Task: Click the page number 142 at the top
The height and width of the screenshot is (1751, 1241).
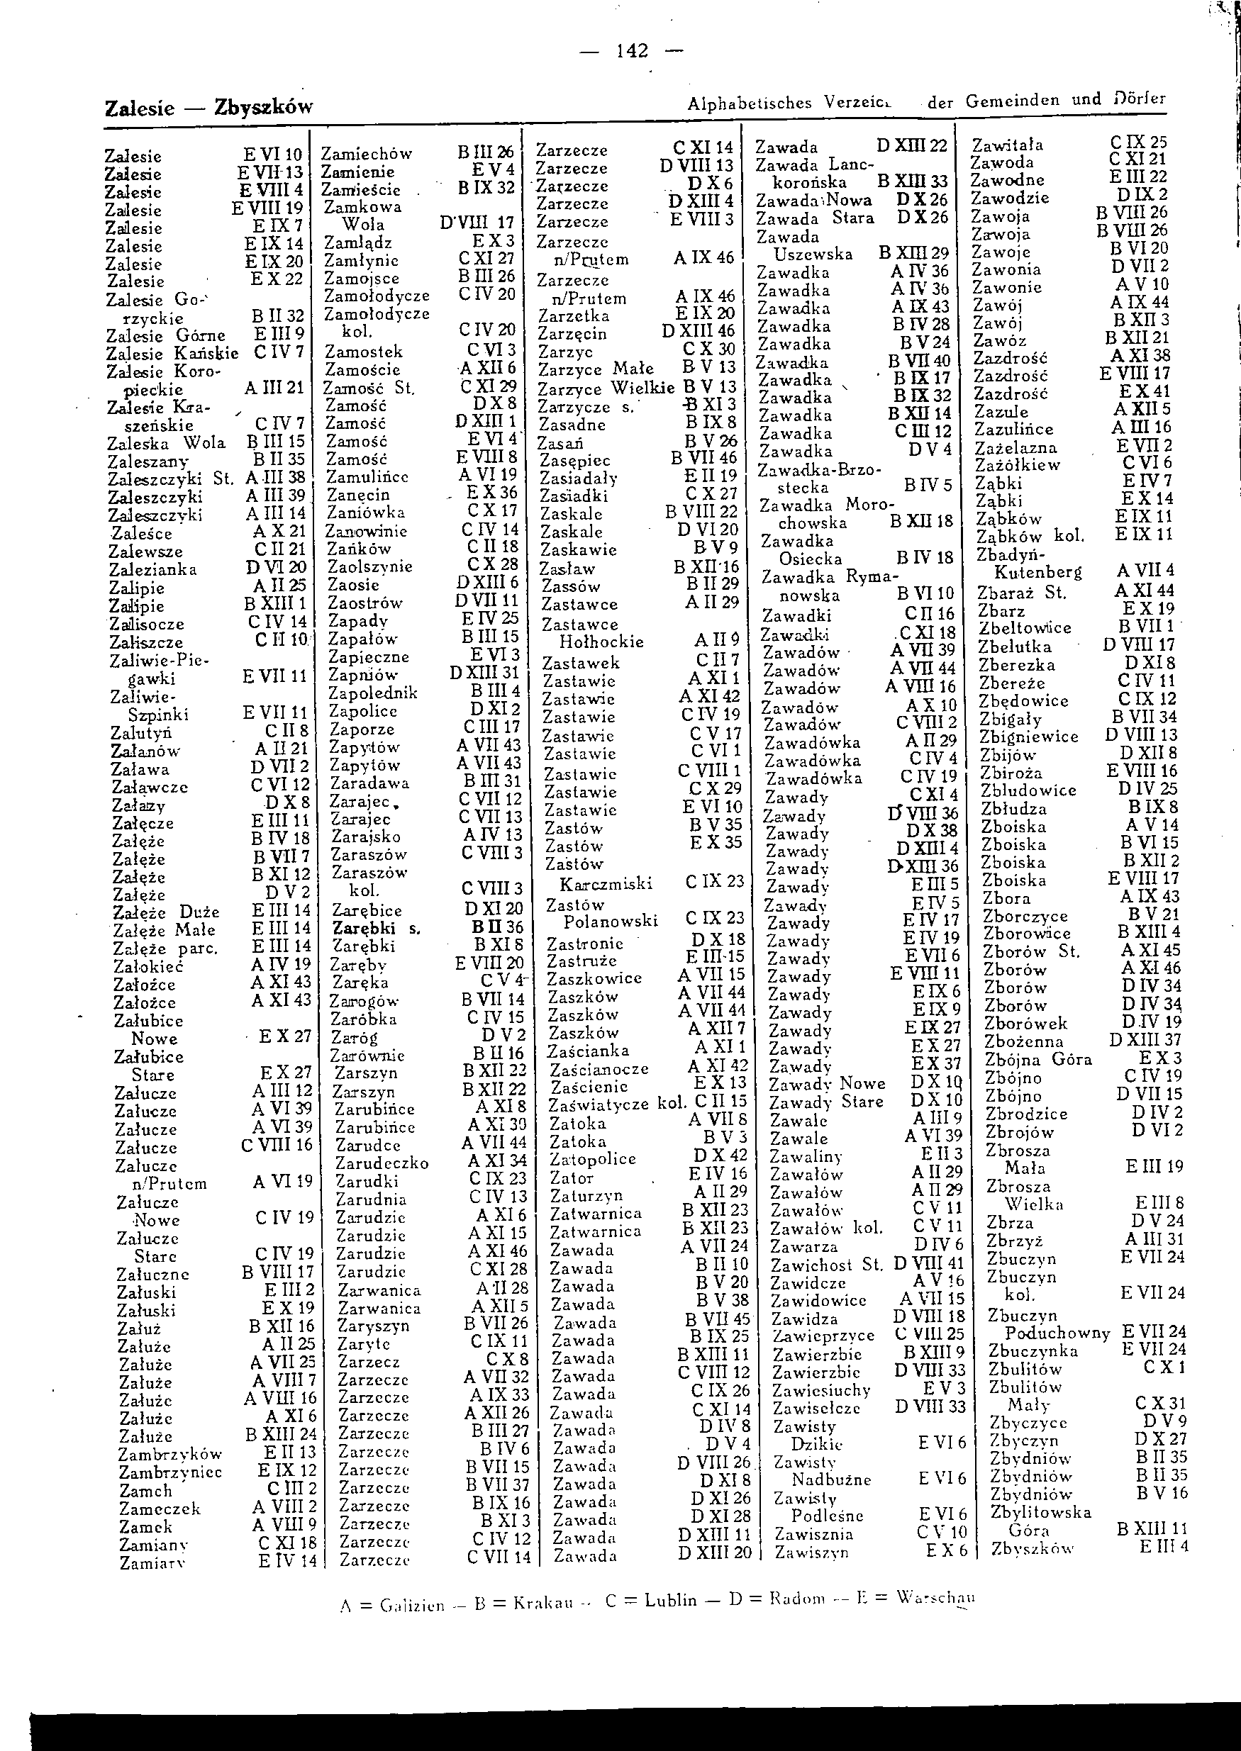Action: point(632,51)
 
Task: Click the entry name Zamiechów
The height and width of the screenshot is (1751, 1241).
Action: point(366,154)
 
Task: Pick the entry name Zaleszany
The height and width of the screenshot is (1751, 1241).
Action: point(148,461)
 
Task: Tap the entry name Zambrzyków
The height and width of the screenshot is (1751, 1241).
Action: point(169,1455)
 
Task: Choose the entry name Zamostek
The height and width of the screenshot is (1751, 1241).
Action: point(364,352)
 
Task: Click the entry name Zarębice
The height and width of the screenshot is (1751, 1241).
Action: point(367,910)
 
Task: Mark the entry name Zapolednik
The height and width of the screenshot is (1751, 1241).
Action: point(373,693)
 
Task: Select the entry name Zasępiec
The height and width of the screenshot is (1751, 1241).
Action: point(574,461)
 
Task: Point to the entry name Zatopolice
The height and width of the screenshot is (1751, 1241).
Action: point(593,1159)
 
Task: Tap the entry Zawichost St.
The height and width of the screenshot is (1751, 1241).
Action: point(826,1265)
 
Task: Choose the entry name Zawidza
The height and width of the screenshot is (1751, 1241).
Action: point(804,1319)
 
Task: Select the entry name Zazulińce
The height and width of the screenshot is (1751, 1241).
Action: point(1013,430)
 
